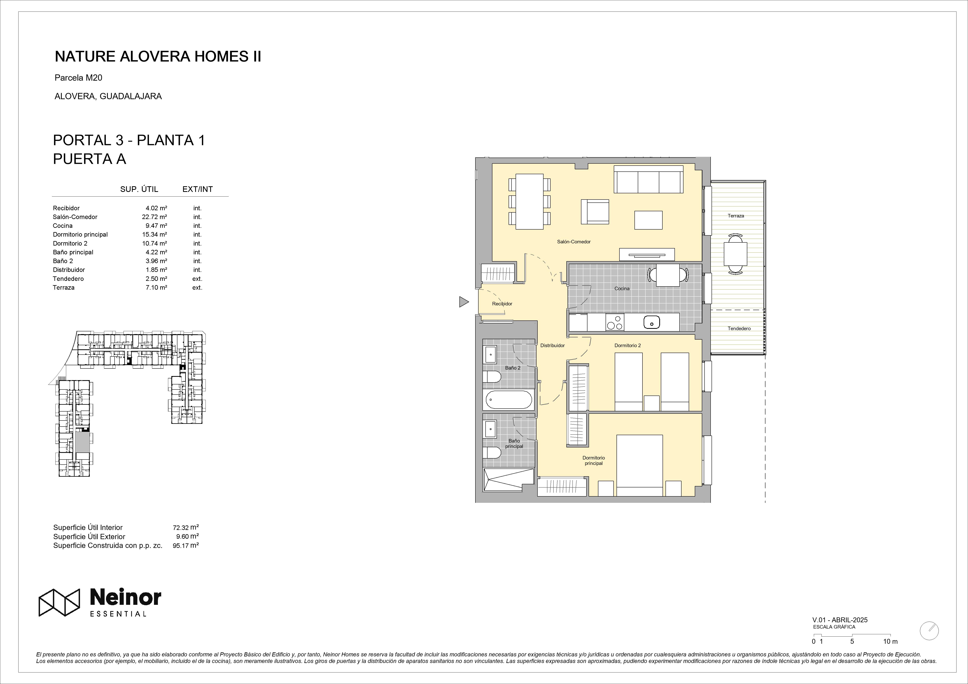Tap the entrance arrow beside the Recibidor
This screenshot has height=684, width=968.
tap(464, 302)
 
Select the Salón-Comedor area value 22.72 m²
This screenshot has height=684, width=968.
tap(154, 217)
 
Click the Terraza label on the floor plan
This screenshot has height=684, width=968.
tap(736, 216)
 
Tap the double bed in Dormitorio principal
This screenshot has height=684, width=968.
tap(640, 465)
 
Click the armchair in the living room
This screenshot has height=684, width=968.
tap(595, 212)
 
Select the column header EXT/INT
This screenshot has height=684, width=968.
tap(197, 189)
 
